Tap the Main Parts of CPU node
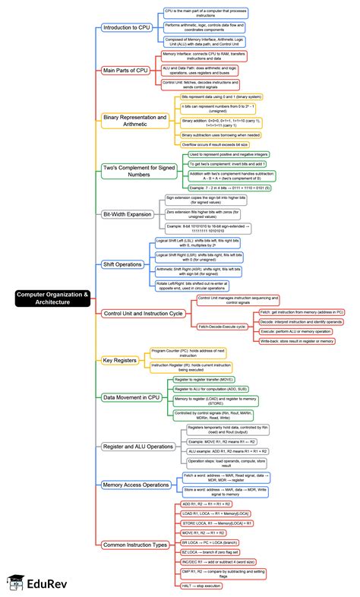tap(128, 70)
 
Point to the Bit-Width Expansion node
tap(127, 214)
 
